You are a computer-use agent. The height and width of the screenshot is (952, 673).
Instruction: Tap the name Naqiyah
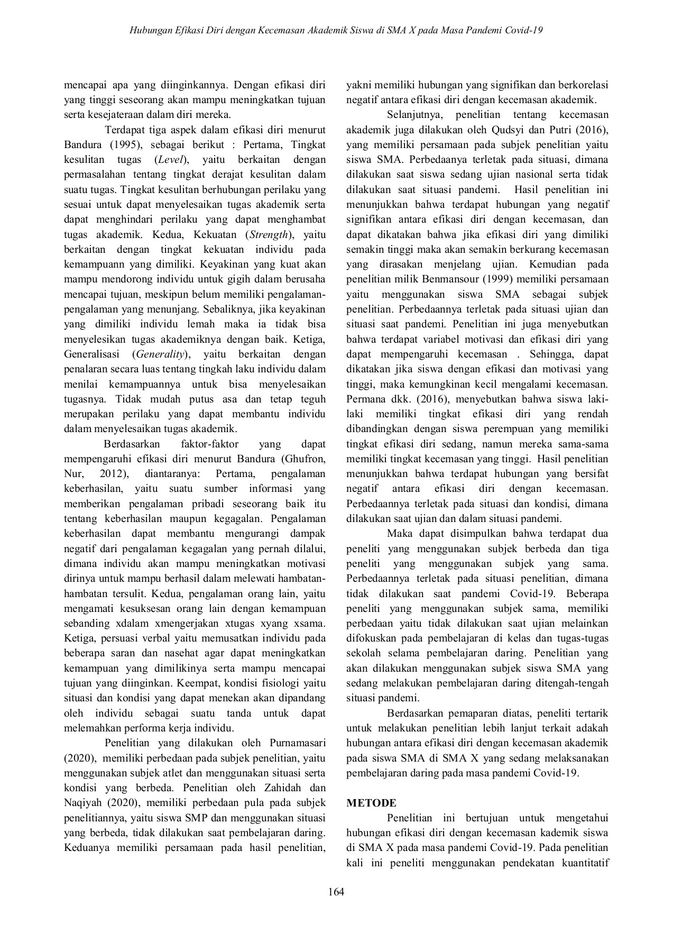click(x=83, y=802)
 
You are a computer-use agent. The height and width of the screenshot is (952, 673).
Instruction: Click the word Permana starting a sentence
click(x=365, y=399)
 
